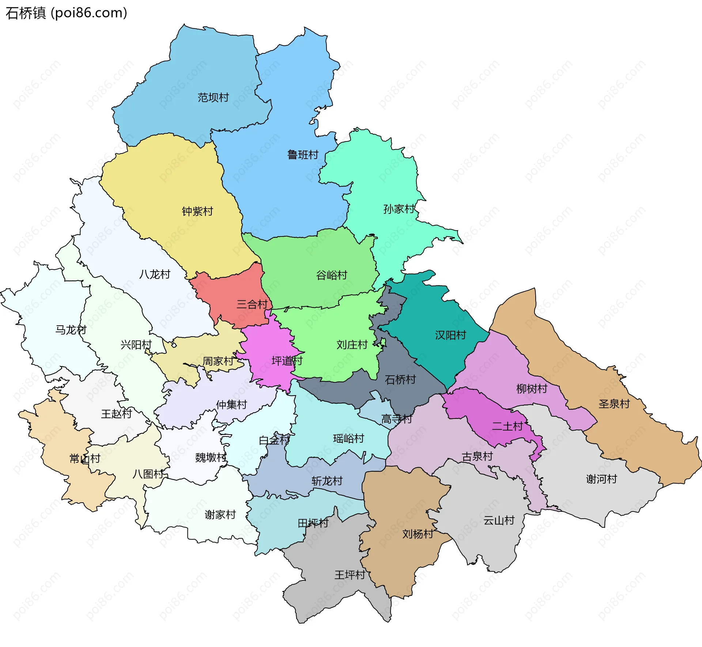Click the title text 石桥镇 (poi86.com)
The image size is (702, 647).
click(x=67, y=13)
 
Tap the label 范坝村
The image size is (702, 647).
click(x=213, y=98)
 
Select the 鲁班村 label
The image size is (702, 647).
click(x=303, y=155)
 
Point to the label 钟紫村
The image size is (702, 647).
click(x=197, y=211)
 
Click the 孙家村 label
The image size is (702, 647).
click(x=399, y=209)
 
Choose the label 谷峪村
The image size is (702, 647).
click(x=332, y=275)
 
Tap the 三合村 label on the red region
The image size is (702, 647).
click(x=252, y=304)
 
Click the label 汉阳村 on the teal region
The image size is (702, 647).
click(x=450, y=335)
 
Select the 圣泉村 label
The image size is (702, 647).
click(x=614, y=404)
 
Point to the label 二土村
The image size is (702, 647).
click(x=507, y=426)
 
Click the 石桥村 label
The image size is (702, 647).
click(x=400, y=380)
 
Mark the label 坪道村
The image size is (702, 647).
click(x=287, y=361)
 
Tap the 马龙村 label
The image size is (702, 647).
click(x=71, y=330)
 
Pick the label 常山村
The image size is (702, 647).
click(x=85, y=458)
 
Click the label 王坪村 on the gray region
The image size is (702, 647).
click(x=350, y=575)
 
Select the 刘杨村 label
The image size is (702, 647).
click(x=418, y=534)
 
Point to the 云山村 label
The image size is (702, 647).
click(x=499, y=521)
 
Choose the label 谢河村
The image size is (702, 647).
click(x=601, y=479)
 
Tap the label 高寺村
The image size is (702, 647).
click(x=397, y=419)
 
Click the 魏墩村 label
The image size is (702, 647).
click(x=211, y=457)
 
